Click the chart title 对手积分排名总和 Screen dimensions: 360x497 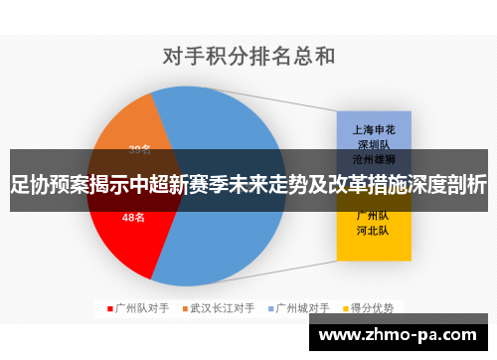point(248,56)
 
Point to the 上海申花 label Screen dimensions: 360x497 point(374,129)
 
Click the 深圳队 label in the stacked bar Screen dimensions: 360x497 point(374,143)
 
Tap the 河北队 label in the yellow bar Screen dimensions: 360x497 point(374,231)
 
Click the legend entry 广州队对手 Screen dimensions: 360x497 point(143,308)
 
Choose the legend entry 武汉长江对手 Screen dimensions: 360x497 point(222,308)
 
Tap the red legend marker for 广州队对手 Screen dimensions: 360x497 point(110,308)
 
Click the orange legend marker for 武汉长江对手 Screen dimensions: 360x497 point(183,308)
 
